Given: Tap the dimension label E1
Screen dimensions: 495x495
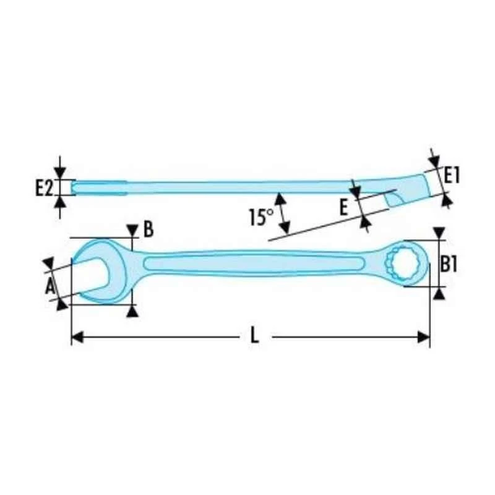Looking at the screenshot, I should click(x=452, y=176).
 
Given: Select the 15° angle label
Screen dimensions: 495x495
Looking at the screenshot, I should click(x=260, y=217).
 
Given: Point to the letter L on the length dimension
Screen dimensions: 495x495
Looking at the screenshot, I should click(x=254, y=337).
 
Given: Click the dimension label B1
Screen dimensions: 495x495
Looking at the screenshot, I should click(x=449, y=264).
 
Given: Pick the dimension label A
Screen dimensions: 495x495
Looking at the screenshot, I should click(x=51, y=285).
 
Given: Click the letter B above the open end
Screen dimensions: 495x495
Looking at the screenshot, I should click(x=148, y=230).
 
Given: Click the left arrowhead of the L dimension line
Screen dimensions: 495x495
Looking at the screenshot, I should click(x=77, y=337).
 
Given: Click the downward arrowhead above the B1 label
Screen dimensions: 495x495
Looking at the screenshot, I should click(x=439, y=233).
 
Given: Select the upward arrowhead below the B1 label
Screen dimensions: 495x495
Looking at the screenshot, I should click(x=439, y=293).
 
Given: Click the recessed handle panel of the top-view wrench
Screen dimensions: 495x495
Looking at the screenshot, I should click(x=254, y=264).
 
